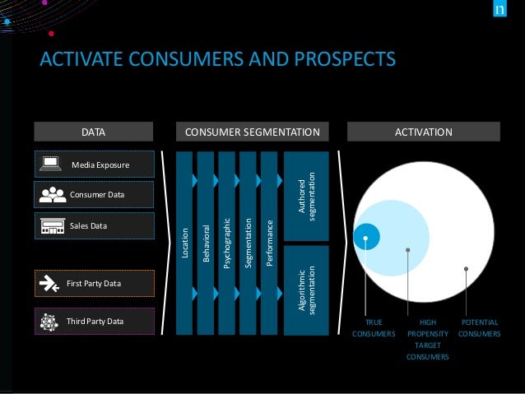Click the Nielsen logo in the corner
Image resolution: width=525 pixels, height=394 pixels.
pyautogui.click(x=499, y=12)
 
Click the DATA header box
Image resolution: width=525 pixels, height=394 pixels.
pyautogui.click(x=93, y=132)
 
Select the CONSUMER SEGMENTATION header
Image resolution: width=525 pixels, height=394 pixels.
pyautogui.click(x=252, y=132)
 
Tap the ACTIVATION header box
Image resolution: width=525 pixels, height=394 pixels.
pyautogui.click(x=424, y=132)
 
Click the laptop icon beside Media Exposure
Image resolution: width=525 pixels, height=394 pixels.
pyautogui.click(x=50, y=165)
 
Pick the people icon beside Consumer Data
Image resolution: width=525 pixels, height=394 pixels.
pyautogui.click(x=53, y=194)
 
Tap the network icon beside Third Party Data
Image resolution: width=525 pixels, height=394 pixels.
pyautogui.click(x=52, y=321)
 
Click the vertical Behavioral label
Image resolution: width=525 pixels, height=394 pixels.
pyautogui.click(x=206, y=244)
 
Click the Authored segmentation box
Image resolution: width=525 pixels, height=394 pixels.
pyautogui.click(x=306, y=196)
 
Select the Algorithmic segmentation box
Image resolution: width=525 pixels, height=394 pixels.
pyautogui.click(x=306, y=290)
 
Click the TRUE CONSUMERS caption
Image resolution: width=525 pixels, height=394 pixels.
pyautogui.click(x=374, y=328)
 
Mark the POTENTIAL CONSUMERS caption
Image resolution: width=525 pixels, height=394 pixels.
pyautogui.click(x=478, y=328)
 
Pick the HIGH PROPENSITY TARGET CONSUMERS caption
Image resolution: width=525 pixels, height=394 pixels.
pyautogui.click(x=427, y=340)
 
